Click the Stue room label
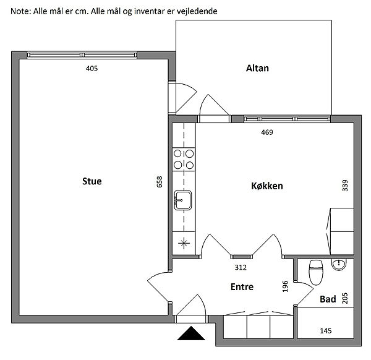coord(92,181)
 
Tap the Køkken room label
coord(267,186)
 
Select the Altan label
coord(257,68)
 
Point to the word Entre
coord(242,286)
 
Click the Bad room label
coord(328,299)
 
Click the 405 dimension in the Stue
coord(92,69)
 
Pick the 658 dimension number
coord(160,182)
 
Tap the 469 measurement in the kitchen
coord(267,132)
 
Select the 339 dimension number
coord(345,186)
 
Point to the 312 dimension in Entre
coord(241,267)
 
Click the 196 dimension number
coord(285,286)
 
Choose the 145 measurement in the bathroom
coord(326,331)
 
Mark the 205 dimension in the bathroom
coord(345,298)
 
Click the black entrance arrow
coord(191,333)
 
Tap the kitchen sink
coord(183,200)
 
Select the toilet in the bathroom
coord(316,272)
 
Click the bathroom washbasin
coord(339,264)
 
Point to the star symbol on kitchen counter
coord(184,243)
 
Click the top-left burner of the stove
coord(177,153)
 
